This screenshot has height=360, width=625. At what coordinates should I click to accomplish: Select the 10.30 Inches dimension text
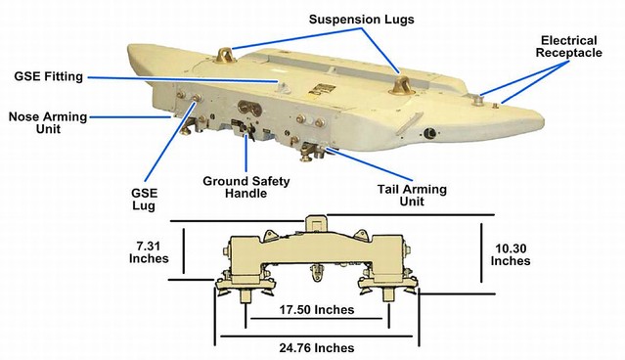(x=510, y=253)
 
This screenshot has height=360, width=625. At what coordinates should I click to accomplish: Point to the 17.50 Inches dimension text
(x=315, y=309)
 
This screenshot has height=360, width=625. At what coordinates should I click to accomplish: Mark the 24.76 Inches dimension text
(x=315, y=346)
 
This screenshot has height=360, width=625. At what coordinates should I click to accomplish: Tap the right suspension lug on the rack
(x=400, y=83)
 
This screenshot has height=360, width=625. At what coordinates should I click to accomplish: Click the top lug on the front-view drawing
(x=314, y=223)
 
